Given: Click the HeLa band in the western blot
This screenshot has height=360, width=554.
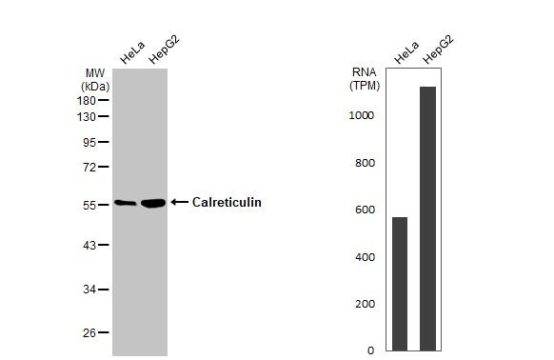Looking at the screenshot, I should point(125,202).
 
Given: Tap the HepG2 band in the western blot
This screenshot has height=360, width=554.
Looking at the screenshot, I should point(153,203).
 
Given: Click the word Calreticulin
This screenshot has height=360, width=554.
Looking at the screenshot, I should point(227,202).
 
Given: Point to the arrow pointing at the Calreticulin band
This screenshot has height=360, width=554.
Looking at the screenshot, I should point(179,202).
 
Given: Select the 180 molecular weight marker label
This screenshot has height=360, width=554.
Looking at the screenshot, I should point(86,100).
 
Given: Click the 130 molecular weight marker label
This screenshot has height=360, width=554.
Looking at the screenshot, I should point(86,117).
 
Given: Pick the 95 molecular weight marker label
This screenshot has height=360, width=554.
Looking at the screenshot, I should point(89,143).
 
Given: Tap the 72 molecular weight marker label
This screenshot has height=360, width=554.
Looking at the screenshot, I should point(89,168).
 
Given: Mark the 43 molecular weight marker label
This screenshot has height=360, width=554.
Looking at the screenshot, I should point(89,246).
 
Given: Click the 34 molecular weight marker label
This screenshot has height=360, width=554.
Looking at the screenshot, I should point(89,290).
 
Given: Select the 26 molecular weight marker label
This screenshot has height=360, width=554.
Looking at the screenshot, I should point(89,333).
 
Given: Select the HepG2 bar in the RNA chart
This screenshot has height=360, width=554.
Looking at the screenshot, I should point(428,219).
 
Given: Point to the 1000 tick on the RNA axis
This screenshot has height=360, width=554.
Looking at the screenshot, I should point(361,115).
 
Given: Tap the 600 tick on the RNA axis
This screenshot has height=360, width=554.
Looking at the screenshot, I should point(365,210).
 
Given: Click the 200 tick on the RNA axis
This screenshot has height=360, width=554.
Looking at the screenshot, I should point(365,304).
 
